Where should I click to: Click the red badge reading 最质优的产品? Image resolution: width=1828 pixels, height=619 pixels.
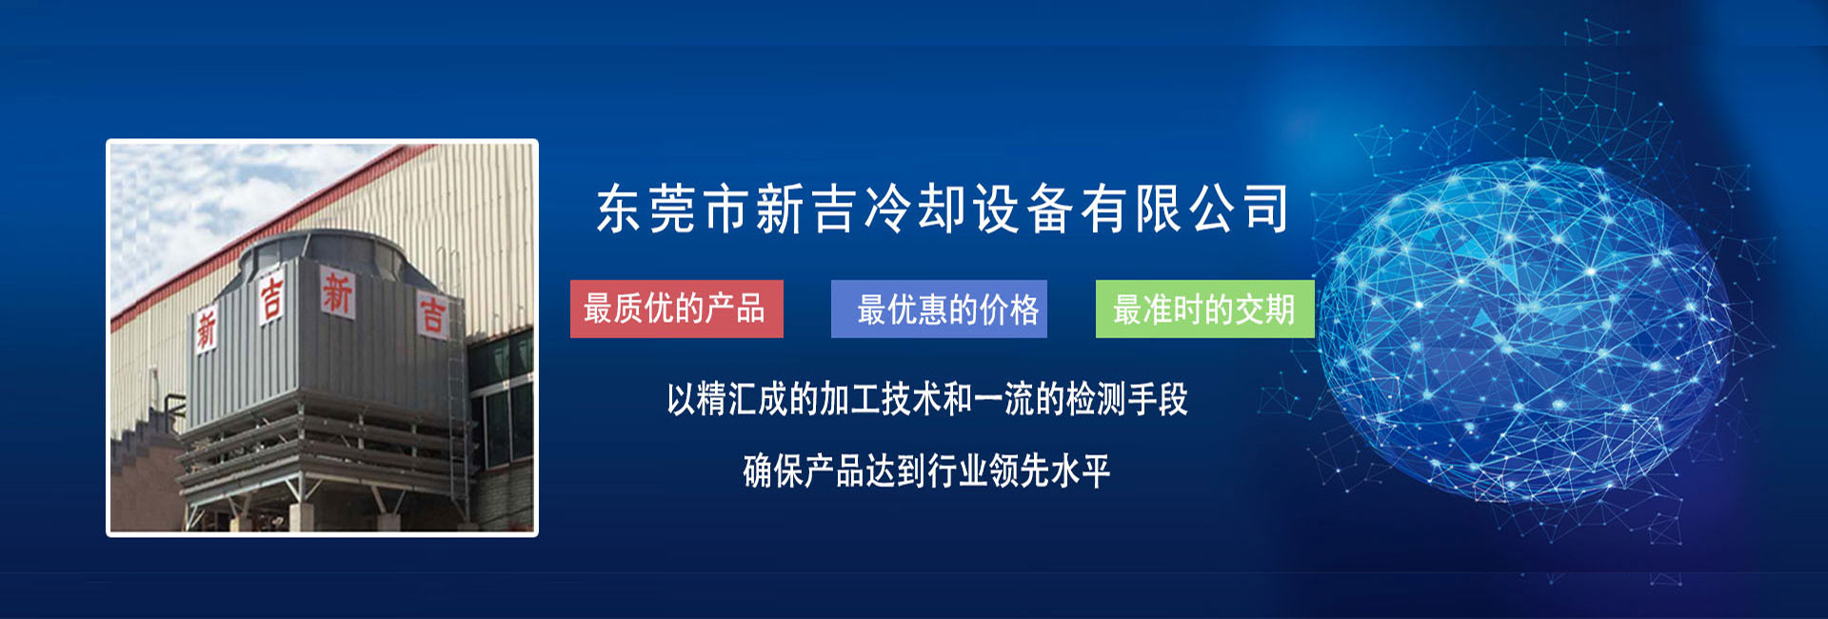[x=677, y=309]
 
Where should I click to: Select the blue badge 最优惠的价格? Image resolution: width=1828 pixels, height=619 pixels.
[x=939, y=309]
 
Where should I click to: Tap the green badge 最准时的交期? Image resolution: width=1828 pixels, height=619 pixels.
[x=1204, y=309]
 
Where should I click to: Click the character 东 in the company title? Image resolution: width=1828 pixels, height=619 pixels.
[x=620, y=210]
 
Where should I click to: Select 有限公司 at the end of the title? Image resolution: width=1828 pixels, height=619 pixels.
[x=1183, y=210]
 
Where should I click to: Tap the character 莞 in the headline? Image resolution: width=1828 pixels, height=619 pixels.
[x=673, y=210]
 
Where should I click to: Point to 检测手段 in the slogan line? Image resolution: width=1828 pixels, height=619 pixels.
[x=1127, y=399]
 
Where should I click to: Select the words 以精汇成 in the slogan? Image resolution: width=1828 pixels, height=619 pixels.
[x=727, y=399]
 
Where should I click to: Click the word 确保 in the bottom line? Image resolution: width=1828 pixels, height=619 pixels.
[x=773, y=470]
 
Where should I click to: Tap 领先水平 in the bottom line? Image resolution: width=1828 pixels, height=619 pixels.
[x=1050, y=470]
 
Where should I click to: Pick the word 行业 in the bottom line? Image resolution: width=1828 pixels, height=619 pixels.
[x=958, y=470]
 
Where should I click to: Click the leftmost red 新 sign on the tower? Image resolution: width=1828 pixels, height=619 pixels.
[x=207, y=330]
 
